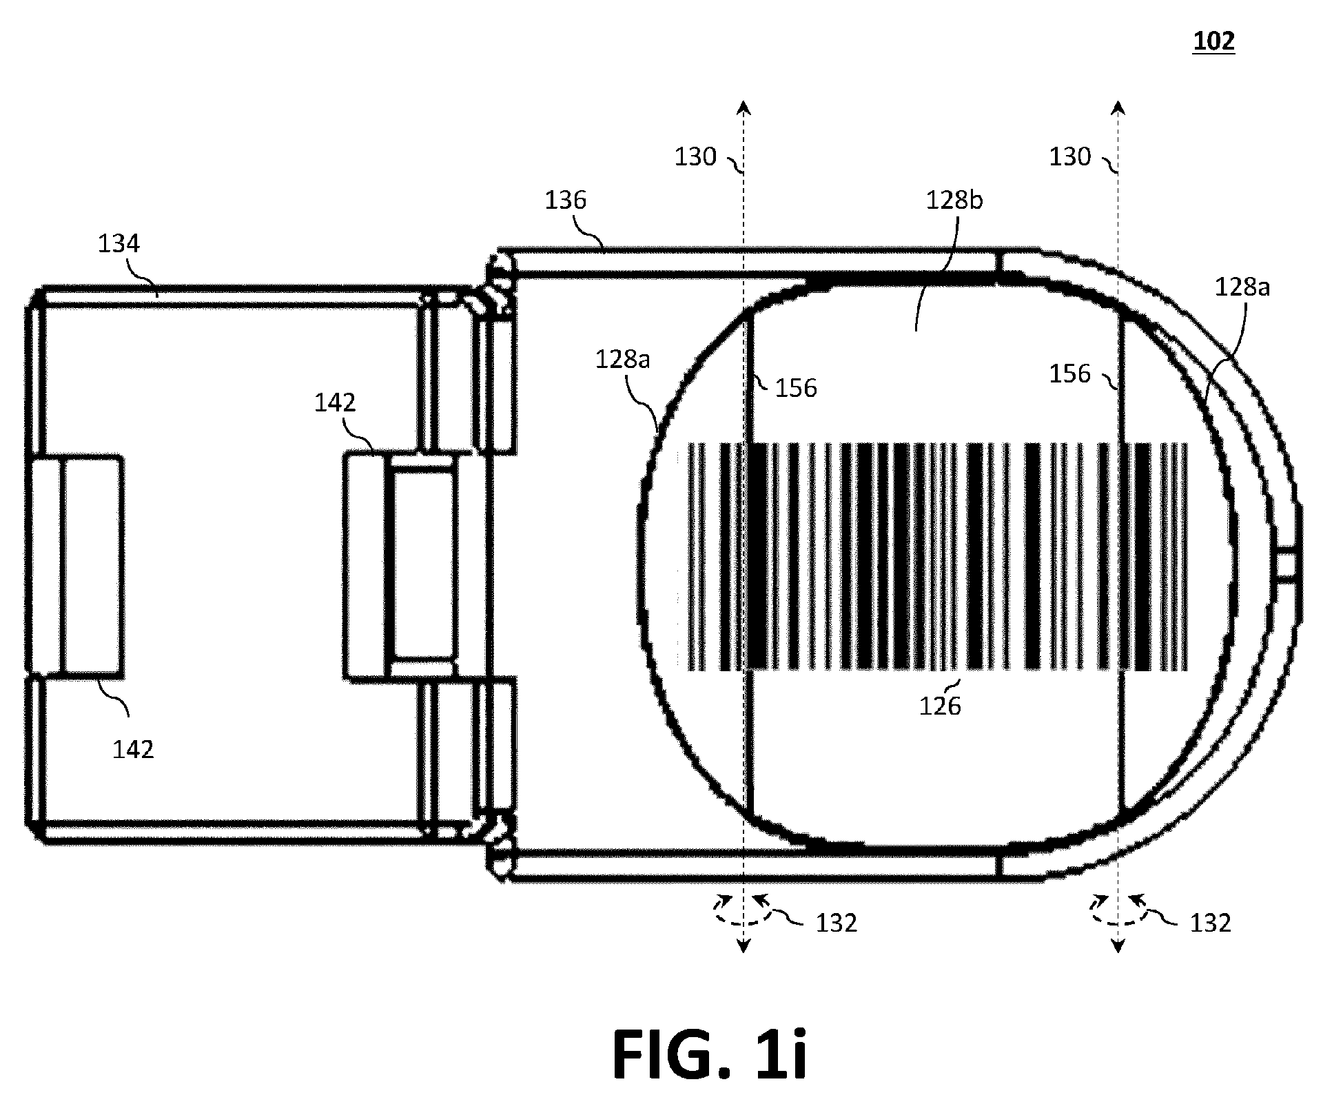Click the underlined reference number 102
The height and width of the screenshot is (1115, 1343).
point(1213,41)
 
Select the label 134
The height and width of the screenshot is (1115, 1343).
point(119,243)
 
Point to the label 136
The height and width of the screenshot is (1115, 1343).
point(565,200)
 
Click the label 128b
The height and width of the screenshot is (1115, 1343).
point(954,200)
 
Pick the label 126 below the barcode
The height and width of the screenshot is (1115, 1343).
point(940,706)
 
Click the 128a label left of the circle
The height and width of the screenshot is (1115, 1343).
point(622,360)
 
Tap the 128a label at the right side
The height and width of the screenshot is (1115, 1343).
point(1242,287)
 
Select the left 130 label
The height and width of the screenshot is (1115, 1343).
point(695,157)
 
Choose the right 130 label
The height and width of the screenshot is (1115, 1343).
point(1070,157)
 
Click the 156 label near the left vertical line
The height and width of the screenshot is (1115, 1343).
point(796,388)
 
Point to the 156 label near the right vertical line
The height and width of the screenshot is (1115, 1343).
point(1070,374)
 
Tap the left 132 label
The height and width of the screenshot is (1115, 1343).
point(837,923)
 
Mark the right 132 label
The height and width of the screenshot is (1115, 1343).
point(1211,923)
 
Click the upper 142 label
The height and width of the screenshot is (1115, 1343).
point(335,402)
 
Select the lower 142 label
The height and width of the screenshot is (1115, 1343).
point(133,749)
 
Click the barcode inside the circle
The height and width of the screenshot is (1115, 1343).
point(936,557)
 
